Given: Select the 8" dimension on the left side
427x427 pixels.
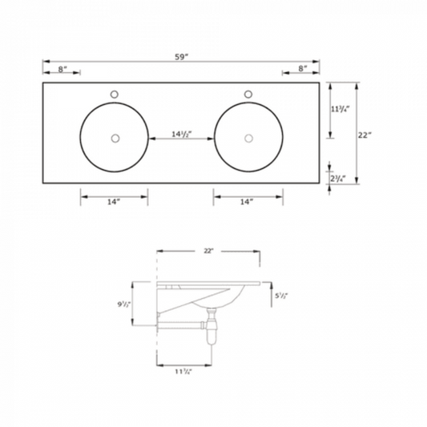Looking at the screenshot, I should tap(62, 70).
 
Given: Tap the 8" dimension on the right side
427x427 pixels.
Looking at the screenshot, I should tap(302, 70).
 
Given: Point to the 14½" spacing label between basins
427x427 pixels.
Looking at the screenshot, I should tap(181, 134).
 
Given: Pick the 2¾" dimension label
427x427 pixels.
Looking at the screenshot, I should tap(337, 178).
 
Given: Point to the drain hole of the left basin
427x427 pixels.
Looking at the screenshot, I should tap(115, 139).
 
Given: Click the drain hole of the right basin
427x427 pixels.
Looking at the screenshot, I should tap(249, 139).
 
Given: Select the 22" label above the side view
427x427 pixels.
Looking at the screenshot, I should tap(208, 252).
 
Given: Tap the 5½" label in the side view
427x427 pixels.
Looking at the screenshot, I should tap(281, 296).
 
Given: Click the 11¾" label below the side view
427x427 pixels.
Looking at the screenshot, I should tap(183, 370).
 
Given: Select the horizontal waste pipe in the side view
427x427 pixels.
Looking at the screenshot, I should tap(180, 324).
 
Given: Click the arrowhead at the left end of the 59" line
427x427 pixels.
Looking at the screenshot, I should tap(45, 62).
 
